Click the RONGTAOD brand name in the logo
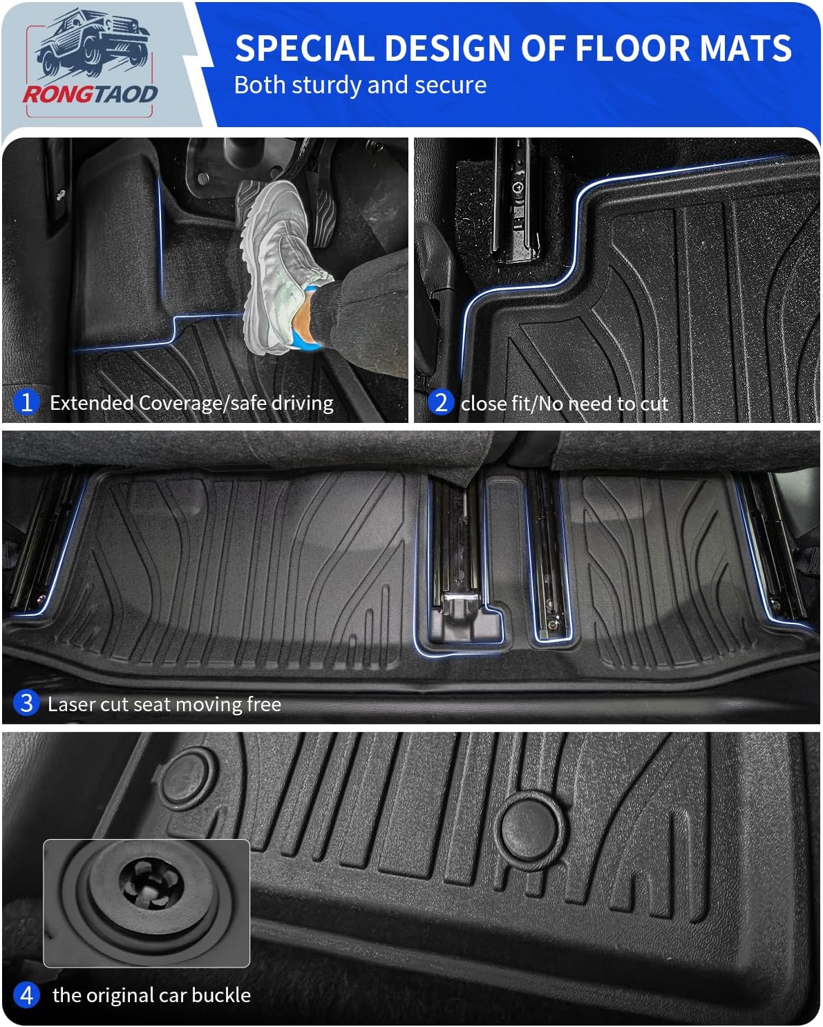pos(90,94)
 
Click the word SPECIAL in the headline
pos(304,48)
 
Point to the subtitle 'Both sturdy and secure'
pos(360,85)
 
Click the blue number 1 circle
pos(26,402)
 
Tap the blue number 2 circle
pos(440,402)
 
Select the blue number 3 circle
pos(26,703)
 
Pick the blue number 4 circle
pos(26,995)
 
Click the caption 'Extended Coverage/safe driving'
pos(191,402)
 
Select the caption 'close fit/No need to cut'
pos(564,403)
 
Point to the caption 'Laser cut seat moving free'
pos(164,704)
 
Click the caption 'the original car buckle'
pos(151,995)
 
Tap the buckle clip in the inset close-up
pos(150,886)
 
